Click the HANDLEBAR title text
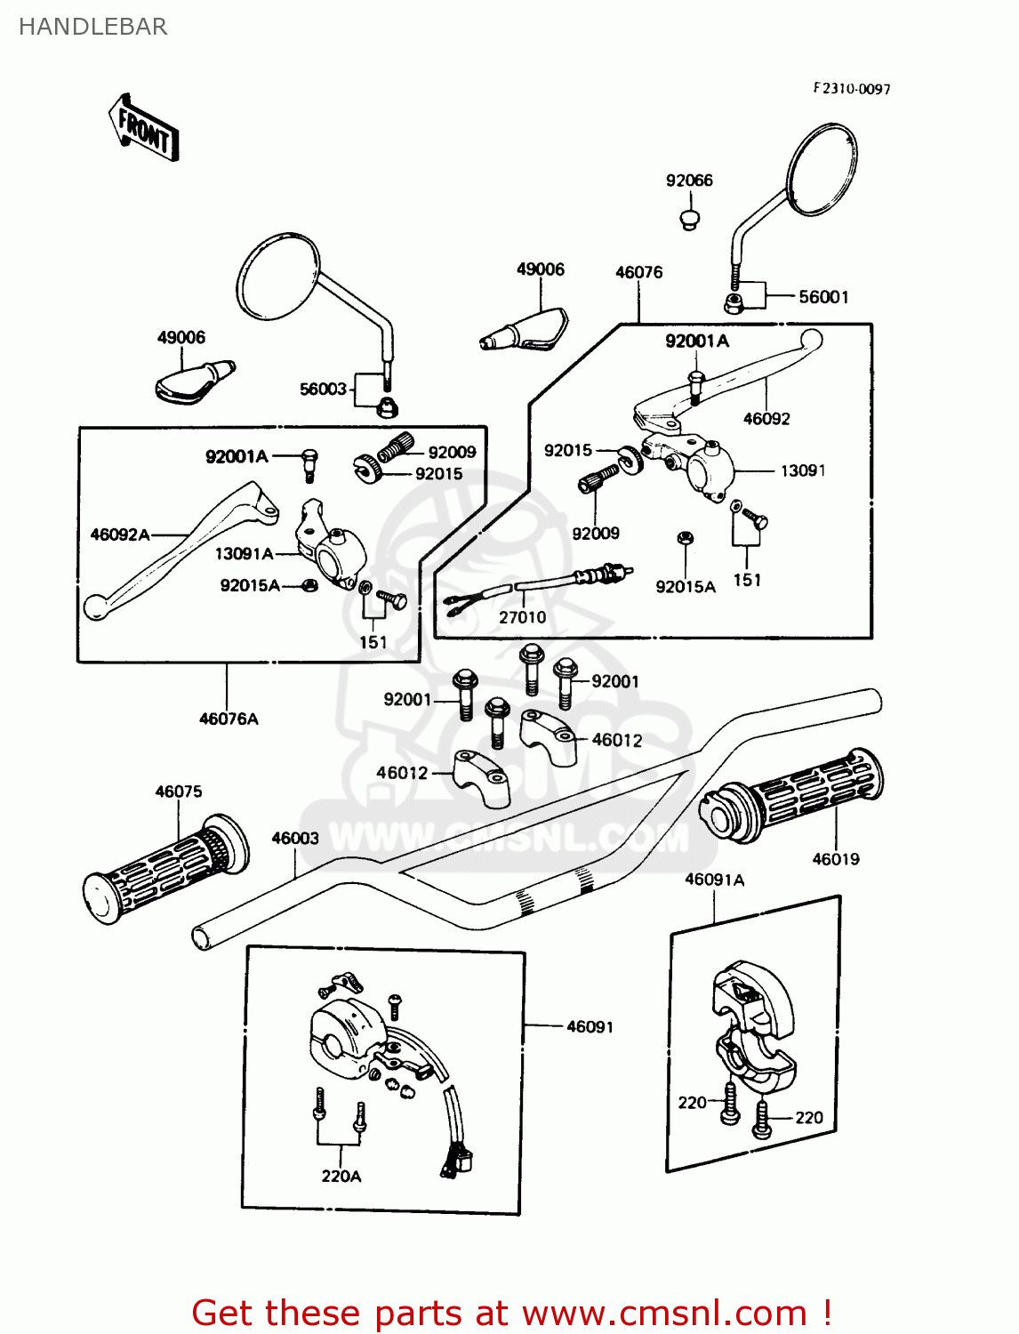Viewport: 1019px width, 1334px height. pyautogui.click(x=92, y=27)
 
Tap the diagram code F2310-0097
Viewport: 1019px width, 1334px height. pyautogui.click(x=851, y=89)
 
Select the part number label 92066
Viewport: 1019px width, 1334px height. pyautogui.click(x=689, y=181)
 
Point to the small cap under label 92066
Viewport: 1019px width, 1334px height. pyautogui.click(x=689, y=218)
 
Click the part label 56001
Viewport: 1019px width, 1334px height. pyautogui.click(x=823, y=297)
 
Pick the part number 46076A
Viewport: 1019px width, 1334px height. pyautogui.click(x=229, y=719)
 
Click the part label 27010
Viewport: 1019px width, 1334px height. pyautogui.click(x=522, y=617)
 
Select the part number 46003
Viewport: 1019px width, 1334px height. pyautogui.click(x=295, y=838)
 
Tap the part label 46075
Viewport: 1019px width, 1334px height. pyautogui.click(x=179, y=792)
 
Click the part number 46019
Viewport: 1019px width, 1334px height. pyautogui.click(x=836, y=859)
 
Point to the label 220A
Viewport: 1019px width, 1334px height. pyautogui.click(x=341, y=1176)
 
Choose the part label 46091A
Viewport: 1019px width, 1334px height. pyautogui.click(x=714, y=880)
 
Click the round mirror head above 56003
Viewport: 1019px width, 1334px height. pyautogui.click(x=277, y=276)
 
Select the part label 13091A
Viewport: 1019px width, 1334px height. pyautogui.click(x=244, y=554)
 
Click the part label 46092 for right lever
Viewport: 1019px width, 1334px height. pyautogui.click(x=766, y=419)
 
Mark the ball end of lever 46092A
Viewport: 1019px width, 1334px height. pyautogui.click(x=95, y=607)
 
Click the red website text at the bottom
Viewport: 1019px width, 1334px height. pyautogui.click(x=511, y=1313)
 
